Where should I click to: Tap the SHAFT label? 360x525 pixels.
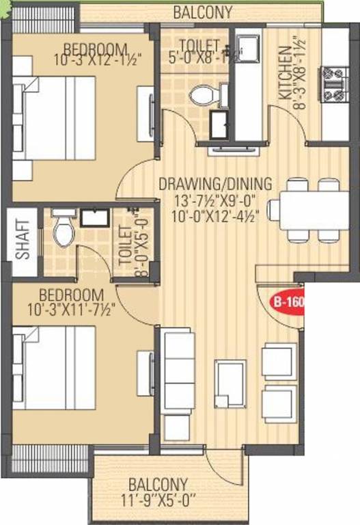tap(22, 238)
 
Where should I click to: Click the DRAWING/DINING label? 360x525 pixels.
tap(215, 184)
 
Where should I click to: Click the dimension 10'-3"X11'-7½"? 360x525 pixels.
tap(77, 308)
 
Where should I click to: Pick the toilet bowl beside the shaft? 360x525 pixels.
tap(63, 230)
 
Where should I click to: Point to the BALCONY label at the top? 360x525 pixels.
tap(202, 12)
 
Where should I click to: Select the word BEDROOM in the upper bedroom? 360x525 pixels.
tap(96, 49)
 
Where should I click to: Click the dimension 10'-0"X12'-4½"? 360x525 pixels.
tap(216, 217)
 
